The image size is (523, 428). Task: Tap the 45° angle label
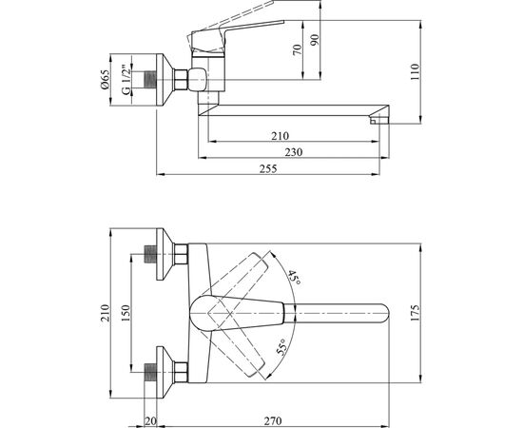click(294, 277)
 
